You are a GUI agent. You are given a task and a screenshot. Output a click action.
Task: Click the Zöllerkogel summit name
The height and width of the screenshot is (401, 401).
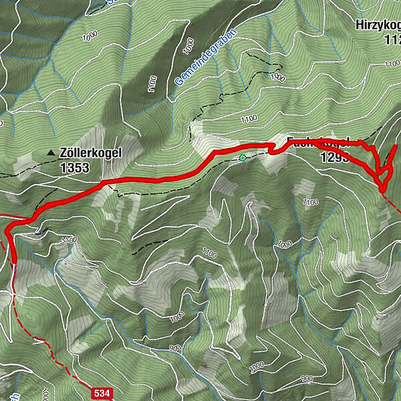90,153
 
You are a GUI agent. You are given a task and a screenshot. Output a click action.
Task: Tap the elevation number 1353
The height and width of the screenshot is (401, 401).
74,168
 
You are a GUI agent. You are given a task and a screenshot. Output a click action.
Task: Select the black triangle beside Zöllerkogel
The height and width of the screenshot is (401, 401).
51,153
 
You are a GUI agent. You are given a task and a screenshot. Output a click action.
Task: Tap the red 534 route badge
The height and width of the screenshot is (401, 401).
101,393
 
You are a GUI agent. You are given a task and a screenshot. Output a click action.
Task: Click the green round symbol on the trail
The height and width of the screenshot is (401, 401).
241,158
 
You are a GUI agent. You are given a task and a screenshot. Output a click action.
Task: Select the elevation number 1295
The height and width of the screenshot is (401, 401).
334,158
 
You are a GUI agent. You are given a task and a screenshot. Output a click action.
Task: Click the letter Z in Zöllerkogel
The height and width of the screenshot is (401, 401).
63,153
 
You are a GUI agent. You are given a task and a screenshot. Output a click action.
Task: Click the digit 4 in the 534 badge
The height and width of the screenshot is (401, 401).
106,393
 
